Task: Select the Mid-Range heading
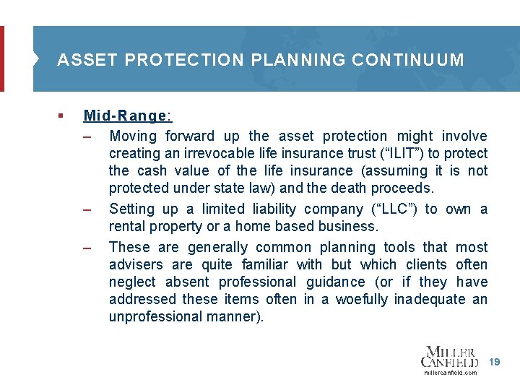click(x=128, y=116)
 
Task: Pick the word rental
click(x=127, y=227)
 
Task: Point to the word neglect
click(x=133, y=282)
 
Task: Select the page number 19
click(x=494, y=360)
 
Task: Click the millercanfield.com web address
click(x=450, y=373)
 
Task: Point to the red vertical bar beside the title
click(x=2, y=59)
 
